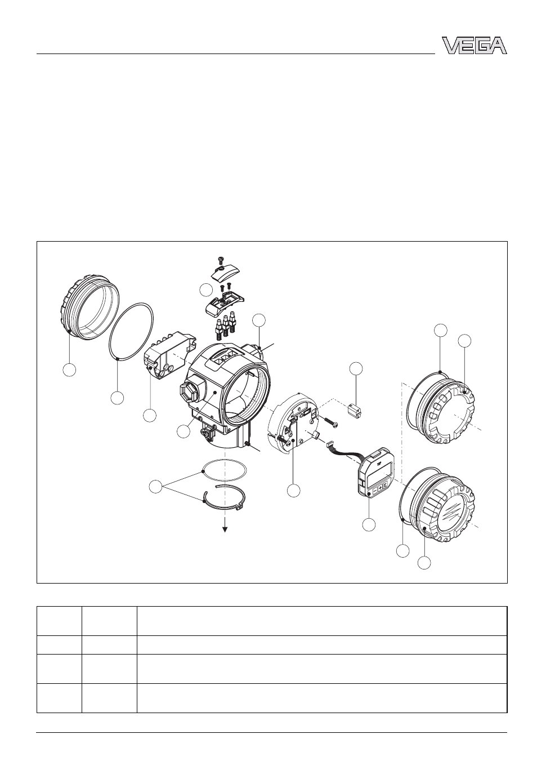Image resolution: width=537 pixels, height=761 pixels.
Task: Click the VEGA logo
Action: coord(474,46)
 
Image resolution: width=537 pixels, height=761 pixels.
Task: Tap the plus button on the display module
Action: coord(380,487)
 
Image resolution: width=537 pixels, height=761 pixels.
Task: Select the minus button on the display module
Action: coord(374,490)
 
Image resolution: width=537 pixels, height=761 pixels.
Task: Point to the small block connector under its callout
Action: coord(355,410)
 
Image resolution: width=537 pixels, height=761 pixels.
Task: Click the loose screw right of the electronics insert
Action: coord(328,422)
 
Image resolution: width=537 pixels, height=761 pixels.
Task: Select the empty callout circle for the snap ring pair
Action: coord(156,487)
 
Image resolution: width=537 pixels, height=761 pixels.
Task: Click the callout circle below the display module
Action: coord(369,524)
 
